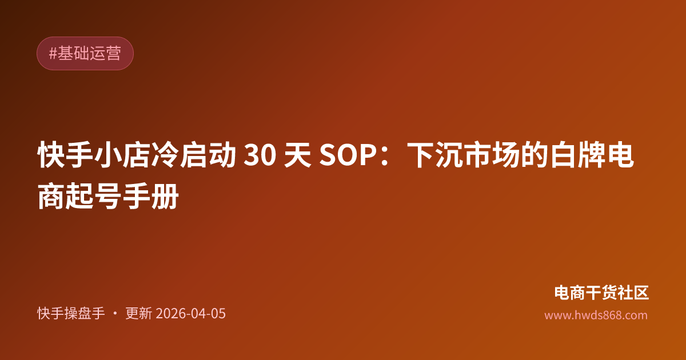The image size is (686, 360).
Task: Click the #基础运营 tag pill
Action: click(x=85, y=54)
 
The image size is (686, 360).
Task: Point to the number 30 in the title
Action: click(x=258, y=156)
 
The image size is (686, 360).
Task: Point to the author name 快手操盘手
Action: click(x=71, y=314)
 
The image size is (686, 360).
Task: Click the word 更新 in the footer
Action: click(x=138, y=314)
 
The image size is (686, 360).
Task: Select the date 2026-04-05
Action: click(x=190, y=314)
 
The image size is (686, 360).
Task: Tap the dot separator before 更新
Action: click(x=115, y=314)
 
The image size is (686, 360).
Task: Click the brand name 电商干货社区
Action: click(x=601, y=293)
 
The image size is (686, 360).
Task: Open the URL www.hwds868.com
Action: click(x=596, y=315)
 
